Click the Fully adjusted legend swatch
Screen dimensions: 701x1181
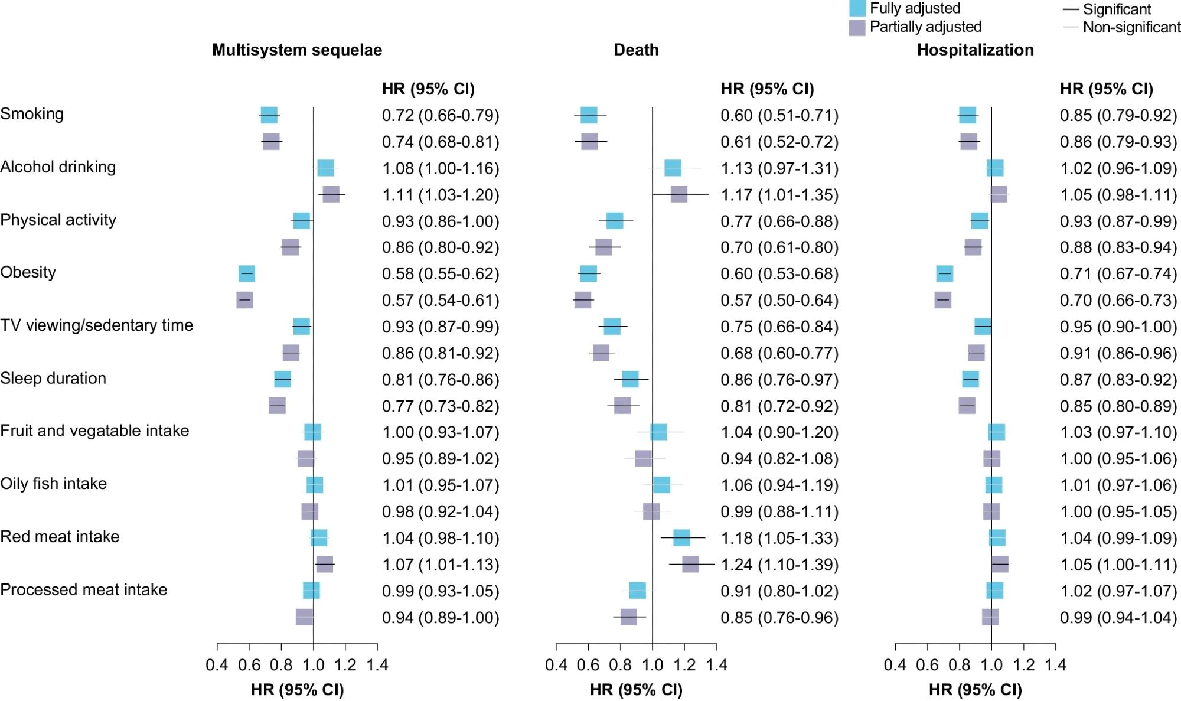(857, 8)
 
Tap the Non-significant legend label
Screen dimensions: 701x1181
(1131, 27)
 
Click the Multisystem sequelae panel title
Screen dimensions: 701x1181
(297, 50)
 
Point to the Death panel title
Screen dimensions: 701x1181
(636, 50)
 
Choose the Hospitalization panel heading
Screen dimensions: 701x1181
(975, 50)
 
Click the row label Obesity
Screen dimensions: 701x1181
(28, 272)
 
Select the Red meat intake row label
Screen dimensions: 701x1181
(60, 537)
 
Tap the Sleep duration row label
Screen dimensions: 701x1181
(53, 378)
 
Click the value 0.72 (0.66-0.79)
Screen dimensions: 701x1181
(441, 116)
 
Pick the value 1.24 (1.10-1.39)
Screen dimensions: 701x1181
(779, 565)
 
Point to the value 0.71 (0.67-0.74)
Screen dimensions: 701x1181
(1118, 274)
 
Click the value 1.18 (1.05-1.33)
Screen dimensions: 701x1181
(779, 539)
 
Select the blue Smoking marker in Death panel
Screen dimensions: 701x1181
(589, 115)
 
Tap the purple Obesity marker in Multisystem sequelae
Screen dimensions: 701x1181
(244, 300)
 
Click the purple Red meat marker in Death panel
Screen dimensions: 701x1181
(690, 565)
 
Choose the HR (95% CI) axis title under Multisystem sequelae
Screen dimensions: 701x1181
(297, 690)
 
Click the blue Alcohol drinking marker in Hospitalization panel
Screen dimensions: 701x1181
(995, 168)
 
